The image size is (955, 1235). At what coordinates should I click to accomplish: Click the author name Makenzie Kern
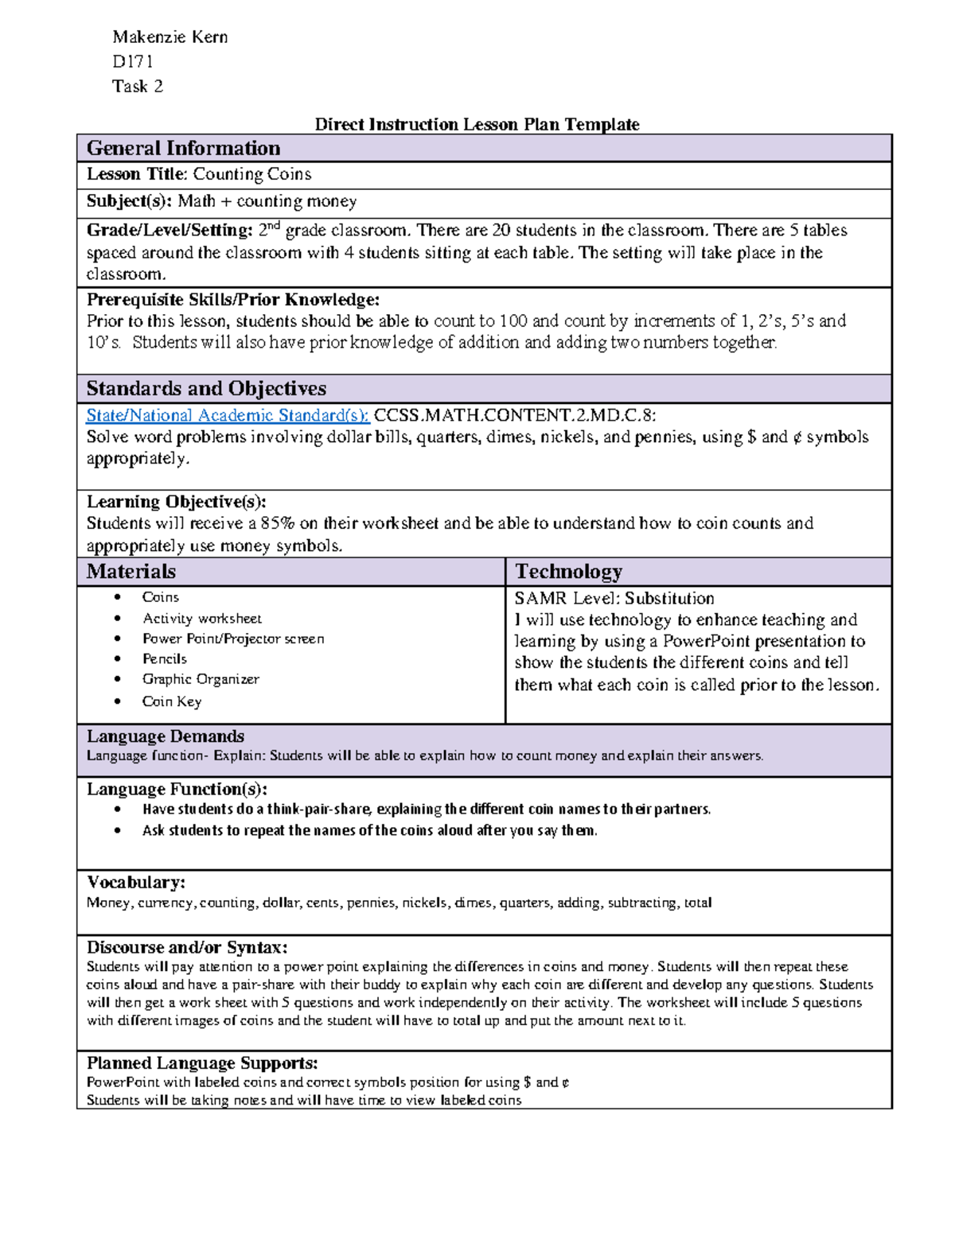pyautogui.click(x=170, y=37)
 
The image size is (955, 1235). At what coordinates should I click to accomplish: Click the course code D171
pyautogui.click(x=132, y=61)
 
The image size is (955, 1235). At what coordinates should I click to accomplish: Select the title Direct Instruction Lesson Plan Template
pyautogui.click(x=477, y=124)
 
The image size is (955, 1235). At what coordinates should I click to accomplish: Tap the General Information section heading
pyautogui.click(x=183, y=149)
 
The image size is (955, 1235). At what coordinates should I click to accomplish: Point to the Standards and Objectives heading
pyautogui.click(x=206, y=389)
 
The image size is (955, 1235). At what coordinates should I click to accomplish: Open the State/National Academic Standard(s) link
pyautogui.click(x=228, y=415)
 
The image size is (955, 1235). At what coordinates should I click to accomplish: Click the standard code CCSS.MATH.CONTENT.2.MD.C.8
pyautogui.click(x=514, y=415)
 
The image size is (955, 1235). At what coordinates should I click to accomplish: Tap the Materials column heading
pyautogui.click(x=131, y=572)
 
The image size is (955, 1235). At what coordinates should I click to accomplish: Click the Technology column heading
pyautogui.click(x=568, y=572)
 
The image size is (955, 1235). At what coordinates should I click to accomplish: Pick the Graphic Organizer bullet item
pyautogui.click(x=201, y=679)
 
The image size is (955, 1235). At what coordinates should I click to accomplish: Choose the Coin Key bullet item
pyautogui.click(x=172, y=701)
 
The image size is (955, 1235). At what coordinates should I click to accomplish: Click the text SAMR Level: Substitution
pyautogui.click(x=614, y=598)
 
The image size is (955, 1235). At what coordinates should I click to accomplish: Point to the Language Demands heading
pyautogui.click(x=165, y=736)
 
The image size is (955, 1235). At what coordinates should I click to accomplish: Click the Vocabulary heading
pyautogui.click(x=135, y=883)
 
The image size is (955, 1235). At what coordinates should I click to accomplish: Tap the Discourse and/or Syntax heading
pyautogui.click(x=186, y=948)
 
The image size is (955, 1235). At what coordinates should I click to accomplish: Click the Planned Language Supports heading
pyautogui.click(x=201, y=1063)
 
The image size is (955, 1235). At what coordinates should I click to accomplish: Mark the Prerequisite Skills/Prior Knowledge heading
pyautogui.click(x=232, y=300)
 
